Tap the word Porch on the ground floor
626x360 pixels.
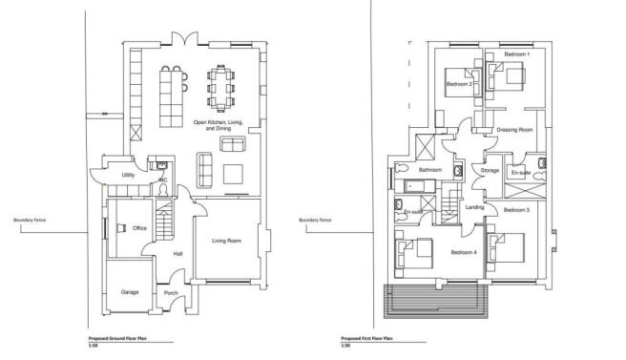[172, 292]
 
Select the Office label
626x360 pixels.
[139, 228]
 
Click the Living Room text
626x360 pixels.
[226, 241]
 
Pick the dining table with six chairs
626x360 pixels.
[221, 87]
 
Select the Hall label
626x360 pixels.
[177, 253]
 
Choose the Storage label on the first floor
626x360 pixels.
[490, 171]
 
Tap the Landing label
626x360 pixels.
[474, 207]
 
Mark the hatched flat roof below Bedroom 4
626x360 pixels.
[434, 303]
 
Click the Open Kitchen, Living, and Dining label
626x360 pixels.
[219, 125]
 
